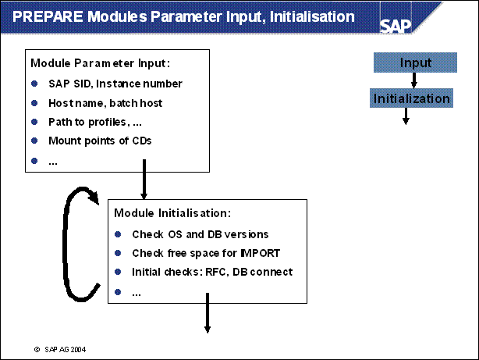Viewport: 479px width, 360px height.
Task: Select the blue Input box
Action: (415, 62)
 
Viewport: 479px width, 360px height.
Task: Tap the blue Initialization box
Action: (411, 98)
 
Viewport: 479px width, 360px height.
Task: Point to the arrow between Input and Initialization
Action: (415, 80)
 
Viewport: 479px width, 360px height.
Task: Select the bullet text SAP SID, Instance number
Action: (115, 84)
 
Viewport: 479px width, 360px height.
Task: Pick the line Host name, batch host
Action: (105, 103)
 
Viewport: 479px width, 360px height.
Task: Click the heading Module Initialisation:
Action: (172, 212)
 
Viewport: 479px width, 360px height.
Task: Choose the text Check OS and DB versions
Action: (190, 234)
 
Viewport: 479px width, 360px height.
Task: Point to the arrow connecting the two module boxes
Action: (144, 180)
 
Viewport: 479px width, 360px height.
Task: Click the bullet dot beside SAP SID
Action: (34, 84)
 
